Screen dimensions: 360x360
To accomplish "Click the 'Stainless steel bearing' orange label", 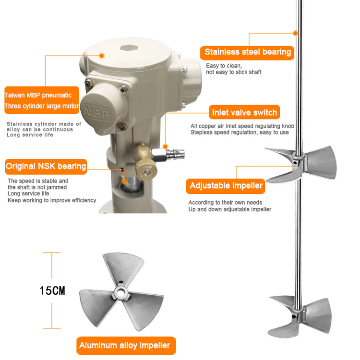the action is (247, 53).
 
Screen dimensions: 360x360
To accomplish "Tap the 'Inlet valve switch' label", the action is (244, 112).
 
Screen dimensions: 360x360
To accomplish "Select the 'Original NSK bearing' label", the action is (46, 167).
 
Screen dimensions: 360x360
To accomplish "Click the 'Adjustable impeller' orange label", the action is (226, 186).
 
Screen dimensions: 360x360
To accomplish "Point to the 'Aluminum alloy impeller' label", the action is (126, 346).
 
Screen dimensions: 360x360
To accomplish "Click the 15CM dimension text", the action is (52, 291).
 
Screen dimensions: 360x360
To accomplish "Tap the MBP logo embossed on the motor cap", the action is (97, 112).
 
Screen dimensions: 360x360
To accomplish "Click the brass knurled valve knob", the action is (146, 169).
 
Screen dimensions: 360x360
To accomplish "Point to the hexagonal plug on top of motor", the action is (129, 48).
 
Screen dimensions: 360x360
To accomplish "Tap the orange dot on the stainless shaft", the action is (295, 33).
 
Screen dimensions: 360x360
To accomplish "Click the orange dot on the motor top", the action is (102, 56).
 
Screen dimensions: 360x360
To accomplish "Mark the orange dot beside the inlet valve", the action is (165, 146).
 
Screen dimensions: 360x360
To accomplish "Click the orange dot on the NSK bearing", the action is (124, 182).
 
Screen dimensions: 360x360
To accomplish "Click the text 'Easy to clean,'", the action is (224, 66).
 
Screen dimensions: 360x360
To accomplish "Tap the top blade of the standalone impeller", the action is (123, 267).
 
